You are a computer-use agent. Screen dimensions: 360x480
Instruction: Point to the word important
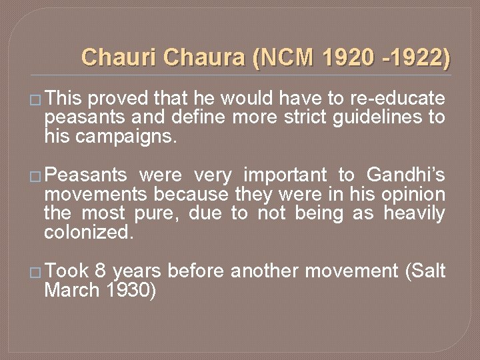click(285, 175)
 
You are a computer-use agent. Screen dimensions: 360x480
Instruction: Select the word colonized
click(89, 233)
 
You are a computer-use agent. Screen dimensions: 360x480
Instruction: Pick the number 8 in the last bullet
click(99, 271)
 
